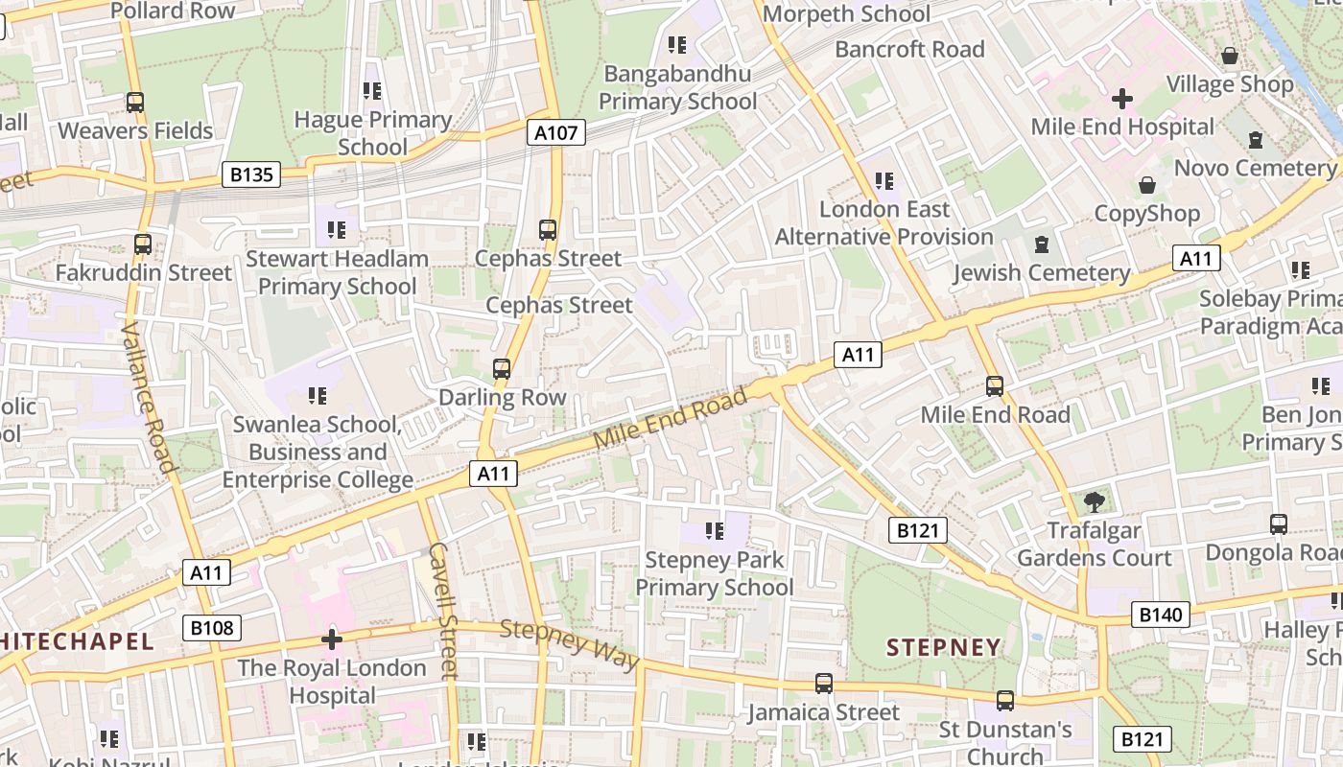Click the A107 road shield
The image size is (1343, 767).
coord(556,133)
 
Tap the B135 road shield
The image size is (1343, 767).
coord(251,174)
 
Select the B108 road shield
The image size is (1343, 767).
coord(211,628)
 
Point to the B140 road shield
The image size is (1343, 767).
coord(1160,615)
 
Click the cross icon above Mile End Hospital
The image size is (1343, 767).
coord(1121,99)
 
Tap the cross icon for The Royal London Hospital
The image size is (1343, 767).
coord(332,639)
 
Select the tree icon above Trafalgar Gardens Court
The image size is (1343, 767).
coord(1094,501)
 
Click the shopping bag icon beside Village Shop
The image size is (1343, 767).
coord(1229,57)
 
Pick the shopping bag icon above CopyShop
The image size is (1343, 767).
coord(1146,185)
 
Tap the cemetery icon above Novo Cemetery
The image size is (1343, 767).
coord(1255,140)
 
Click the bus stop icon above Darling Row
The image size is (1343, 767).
coord(501,368)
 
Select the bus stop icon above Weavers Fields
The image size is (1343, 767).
coord(135,102)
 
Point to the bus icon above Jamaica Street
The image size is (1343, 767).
coord(823,684)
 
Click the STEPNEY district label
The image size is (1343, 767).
coord(943,647)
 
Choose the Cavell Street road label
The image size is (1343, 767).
coord(444,611)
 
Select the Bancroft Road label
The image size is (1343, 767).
coord(909,49)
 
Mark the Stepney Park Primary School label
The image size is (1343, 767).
coord(714,573)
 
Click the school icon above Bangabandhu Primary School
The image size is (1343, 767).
coord(677,44)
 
